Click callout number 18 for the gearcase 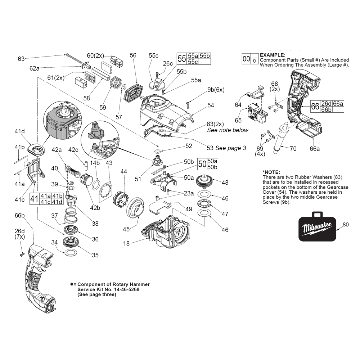pos(126,244)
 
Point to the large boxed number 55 pos(182,58)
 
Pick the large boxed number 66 pos(315,107)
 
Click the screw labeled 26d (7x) pos(21,254)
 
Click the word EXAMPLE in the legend pos(272,54)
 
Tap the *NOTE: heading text pos(271,172)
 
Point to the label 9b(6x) pos(216,89)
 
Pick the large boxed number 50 pos(202,164)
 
